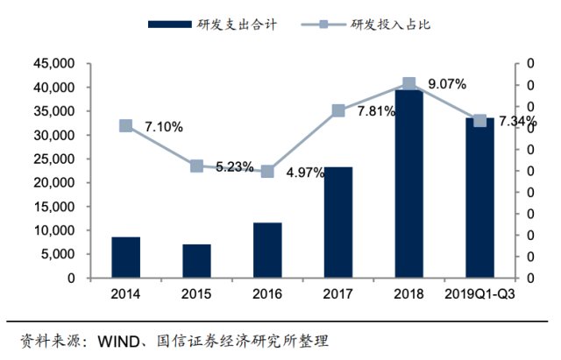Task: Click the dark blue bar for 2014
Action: (125, 257)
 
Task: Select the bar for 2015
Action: (196, 261)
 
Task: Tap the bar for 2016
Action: (267, 251)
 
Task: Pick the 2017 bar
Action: (338, 222)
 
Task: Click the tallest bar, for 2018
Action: (409, 184)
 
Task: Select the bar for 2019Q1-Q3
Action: (479, 198)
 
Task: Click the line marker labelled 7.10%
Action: (125, 126)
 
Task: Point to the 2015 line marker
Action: (196, 166)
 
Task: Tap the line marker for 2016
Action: (267, 172)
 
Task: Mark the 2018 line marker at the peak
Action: (409, 84)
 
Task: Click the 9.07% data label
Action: (447, 84)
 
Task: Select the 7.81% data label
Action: (376, 111)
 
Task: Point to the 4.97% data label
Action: (305, 173)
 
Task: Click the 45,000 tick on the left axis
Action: (54, 64)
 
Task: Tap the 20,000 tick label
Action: (54, 183)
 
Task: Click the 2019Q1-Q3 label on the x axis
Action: (479, 293)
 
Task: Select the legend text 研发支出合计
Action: (237, 25)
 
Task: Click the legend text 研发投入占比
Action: (390, 25)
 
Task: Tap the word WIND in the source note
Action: (118, 342)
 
